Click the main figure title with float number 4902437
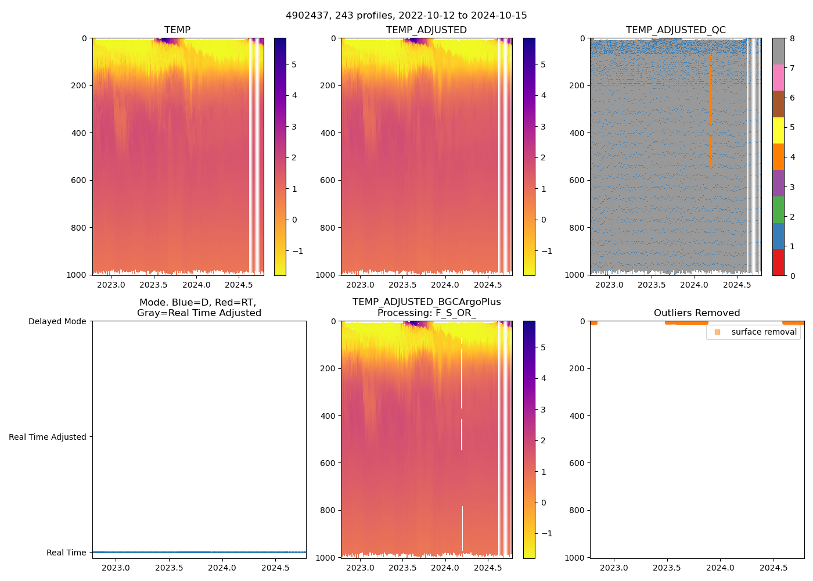click(406, 16)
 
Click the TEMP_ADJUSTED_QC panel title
click(675, 30)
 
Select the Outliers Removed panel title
click(697, 313)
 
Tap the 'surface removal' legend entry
click(764, 332)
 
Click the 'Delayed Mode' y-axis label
click(57, 321)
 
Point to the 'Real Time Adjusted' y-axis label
click(47, 437)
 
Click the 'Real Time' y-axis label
click(66, 553)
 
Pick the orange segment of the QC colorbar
click(778, 157)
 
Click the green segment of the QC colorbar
click(778, 210)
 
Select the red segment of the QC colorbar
click(778, 263)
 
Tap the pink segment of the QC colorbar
click(778, 77)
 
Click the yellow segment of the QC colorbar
click(778, 130)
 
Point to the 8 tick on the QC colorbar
click(792, 38)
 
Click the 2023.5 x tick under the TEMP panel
click(153, 285)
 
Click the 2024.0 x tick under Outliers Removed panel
click(720, 568)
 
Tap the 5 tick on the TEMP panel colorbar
click(294, 64)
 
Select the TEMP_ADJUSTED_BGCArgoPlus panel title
click(426, 307)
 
